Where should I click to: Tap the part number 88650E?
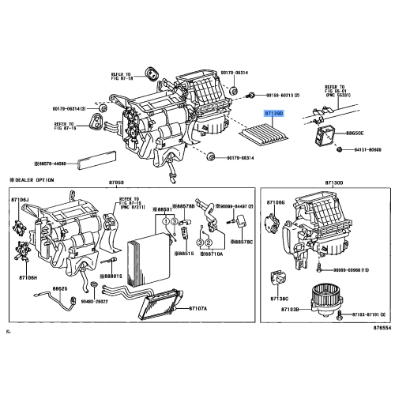click(x=351, y=134)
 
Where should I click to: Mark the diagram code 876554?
click(x=382, y=329)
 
